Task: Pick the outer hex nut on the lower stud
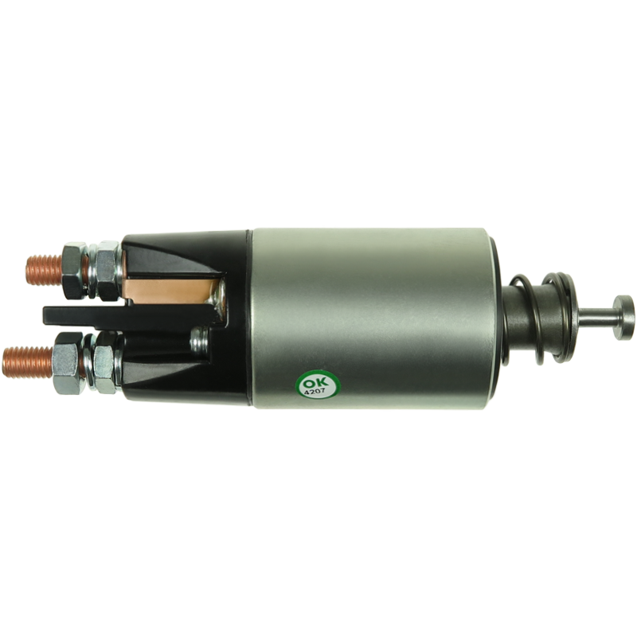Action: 67,363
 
